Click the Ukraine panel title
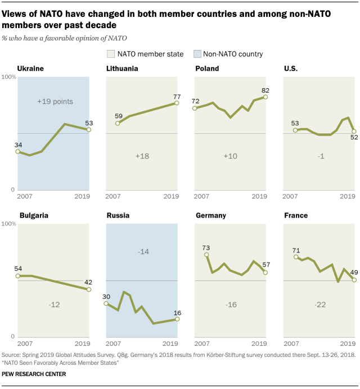point(30,69)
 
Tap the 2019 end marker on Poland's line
point(265,97)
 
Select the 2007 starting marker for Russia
point(106,304)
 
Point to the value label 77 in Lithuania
point(177,97)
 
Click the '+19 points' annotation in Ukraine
point(55,102)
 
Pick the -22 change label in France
point(320,305)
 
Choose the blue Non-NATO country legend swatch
point(197,54)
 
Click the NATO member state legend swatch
point(111,54)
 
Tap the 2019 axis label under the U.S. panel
point(347,196)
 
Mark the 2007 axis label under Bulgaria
point(25,343)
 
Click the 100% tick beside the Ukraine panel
point(8,77)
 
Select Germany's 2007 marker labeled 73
point(206,255)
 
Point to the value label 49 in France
point(354,273)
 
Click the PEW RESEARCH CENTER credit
point(34,374)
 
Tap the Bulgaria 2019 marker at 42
point(89,290)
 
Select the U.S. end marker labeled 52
point(354,132)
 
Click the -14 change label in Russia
point(143,252)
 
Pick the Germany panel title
point(211,215)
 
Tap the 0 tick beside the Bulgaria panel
point(13,337)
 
